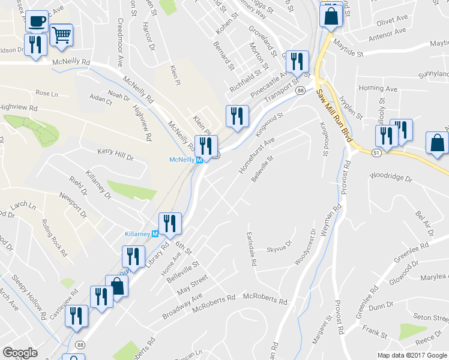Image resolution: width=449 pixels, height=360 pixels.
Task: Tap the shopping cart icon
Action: tap(61, 35)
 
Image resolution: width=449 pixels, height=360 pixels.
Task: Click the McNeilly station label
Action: tap(181, 160)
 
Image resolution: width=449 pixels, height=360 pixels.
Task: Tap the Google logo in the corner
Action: tap(20, 353)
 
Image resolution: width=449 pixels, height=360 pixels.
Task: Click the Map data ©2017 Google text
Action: tap(412, 355)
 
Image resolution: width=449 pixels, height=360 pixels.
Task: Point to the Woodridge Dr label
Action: tap(391, 178)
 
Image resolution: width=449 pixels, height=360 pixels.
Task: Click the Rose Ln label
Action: tap(47, 94)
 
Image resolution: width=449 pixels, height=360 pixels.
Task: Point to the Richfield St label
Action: tap(245, 79)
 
